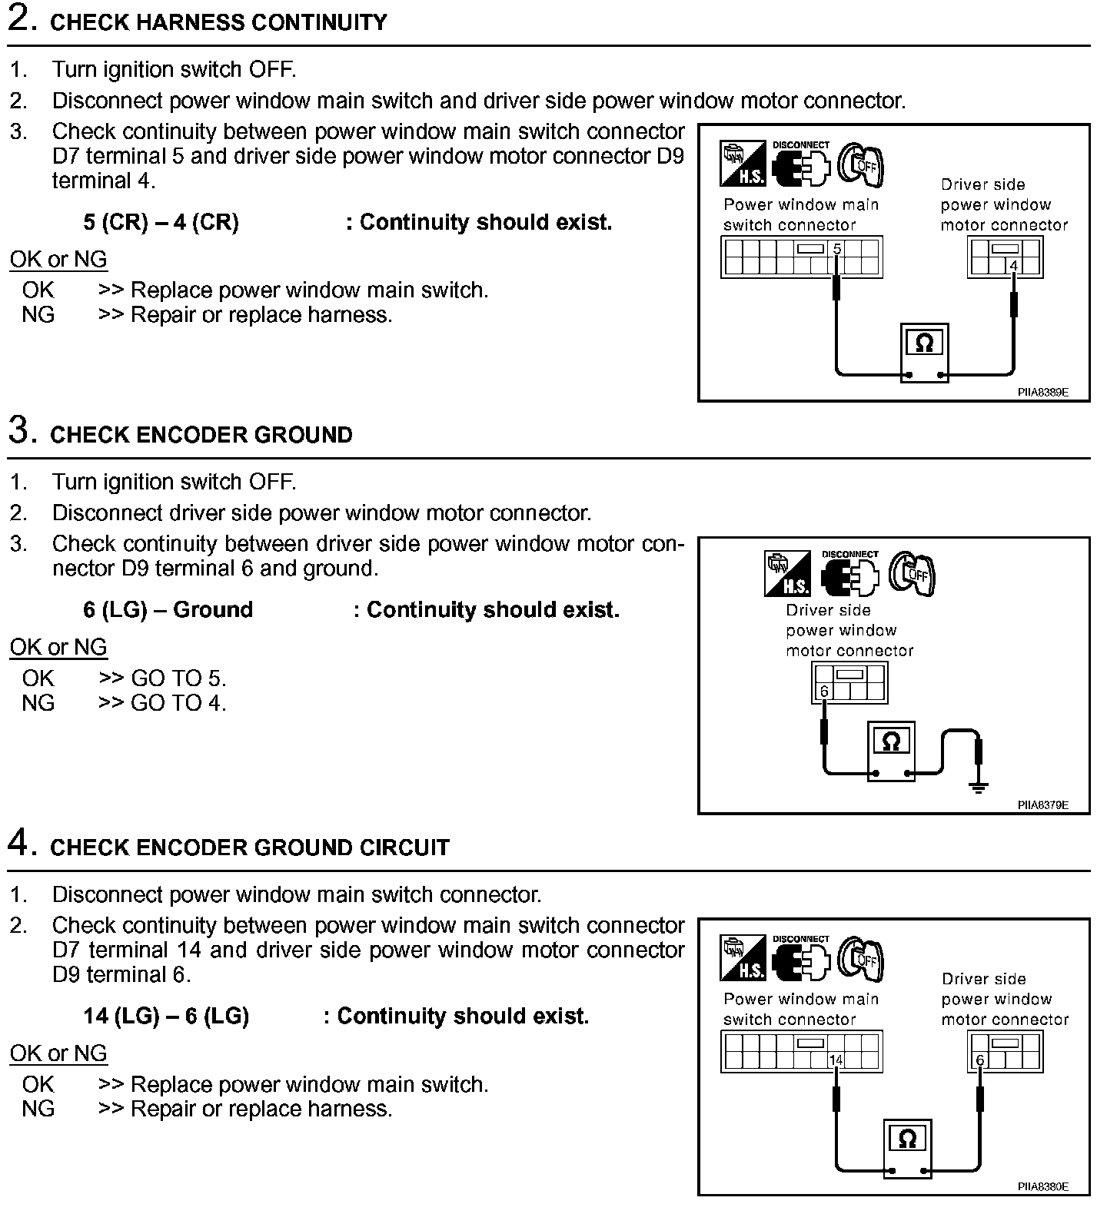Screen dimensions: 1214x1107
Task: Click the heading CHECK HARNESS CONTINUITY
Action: (218, 22)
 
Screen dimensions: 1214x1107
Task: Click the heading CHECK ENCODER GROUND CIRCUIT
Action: (249, 847)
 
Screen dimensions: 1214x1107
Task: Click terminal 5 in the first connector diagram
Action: (837, 249)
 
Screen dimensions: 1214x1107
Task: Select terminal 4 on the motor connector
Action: (1013, 267)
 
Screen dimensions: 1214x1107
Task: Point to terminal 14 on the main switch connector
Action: (836, 1060)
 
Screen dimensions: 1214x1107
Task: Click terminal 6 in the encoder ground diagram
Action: (824, 692)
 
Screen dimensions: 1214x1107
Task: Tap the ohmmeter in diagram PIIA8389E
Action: (924, 353)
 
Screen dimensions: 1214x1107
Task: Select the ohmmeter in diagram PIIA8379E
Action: (891, 751)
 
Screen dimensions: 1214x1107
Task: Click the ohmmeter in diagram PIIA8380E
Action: (907, 1148)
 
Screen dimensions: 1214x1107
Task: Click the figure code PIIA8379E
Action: (1042, 805)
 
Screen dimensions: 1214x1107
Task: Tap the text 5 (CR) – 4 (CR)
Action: (161, 223)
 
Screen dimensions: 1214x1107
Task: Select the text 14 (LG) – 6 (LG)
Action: (166, 1017)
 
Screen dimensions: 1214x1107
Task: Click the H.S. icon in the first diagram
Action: (743, 164)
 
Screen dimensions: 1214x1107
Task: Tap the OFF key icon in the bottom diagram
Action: (859, 958)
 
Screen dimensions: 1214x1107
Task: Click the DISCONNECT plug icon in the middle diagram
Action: (849, 574)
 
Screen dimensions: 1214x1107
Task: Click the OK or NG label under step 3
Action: (58, 648)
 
